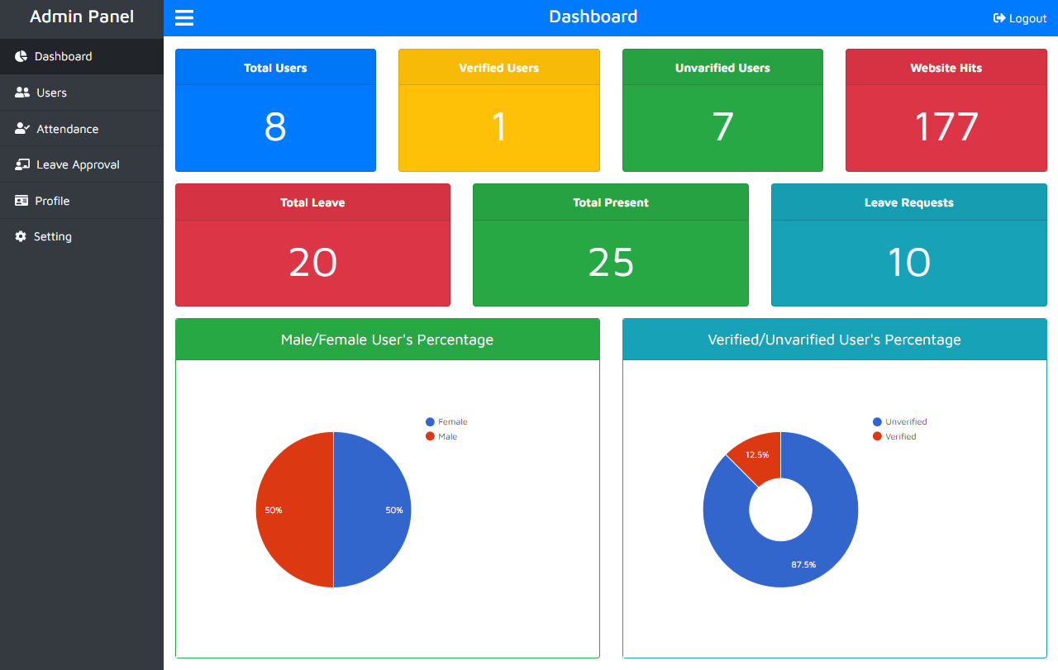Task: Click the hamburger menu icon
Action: click(x=184, y=18)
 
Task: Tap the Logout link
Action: click(x=1020, y=18)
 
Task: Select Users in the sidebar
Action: click(x=51, y=93)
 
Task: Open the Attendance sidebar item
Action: click(x=67, y=129)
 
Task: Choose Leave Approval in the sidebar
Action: click(x=78, y=164)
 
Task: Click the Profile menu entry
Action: click(x=52, y=201)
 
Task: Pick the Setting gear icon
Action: click(x=21, y=236)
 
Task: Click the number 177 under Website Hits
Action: click(x=946, y=127)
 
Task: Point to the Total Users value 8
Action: click(x=275, y=127)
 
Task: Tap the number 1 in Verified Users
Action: click(x=499, y=127)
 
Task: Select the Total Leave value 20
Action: click(x=312, y=263)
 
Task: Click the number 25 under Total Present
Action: click(x=611, y=263)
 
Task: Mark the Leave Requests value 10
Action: click(x=908, y=263)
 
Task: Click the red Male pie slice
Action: click(x=293, y=510)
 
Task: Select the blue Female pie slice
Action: click(x=373, y=510)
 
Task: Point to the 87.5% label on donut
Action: click(x=803, y=564)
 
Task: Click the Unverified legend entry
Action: click(x=905, y=421)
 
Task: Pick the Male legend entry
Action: click(x=447, y=436)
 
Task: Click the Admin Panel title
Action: click(x=82, y=17)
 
